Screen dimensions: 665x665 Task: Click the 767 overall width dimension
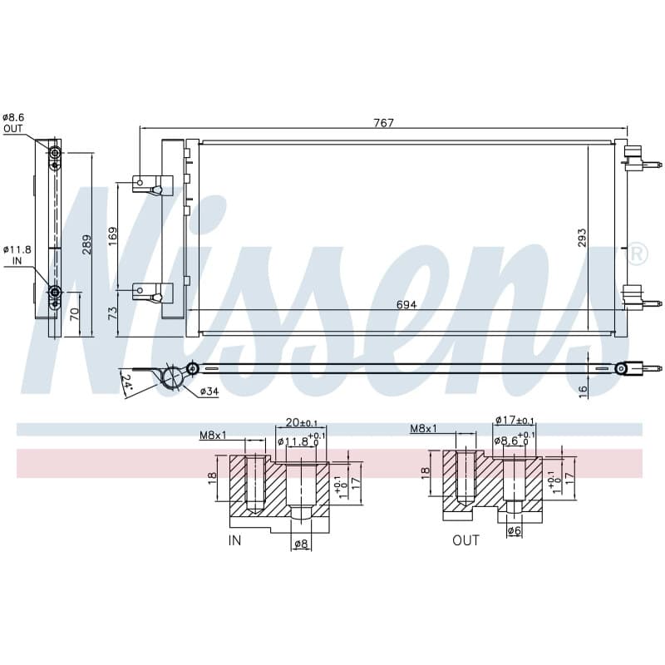[x=383, y=122]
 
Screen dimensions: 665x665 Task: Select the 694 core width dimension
[x=406, y=304]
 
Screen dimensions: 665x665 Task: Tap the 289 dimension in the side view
[x=86, y=244]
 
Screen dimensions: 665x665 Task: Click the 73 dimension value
[x=112, y=313]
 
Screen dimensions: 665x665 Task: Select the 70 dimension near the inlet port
[x=75, y=314]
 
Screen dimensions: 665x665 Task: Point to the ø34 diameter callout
[x=209, y=392]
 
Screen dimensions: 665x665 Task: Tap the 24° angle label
[x=127, y=382]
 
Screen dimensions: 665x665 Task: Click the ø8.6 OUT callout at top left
[x=12, y=123]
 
